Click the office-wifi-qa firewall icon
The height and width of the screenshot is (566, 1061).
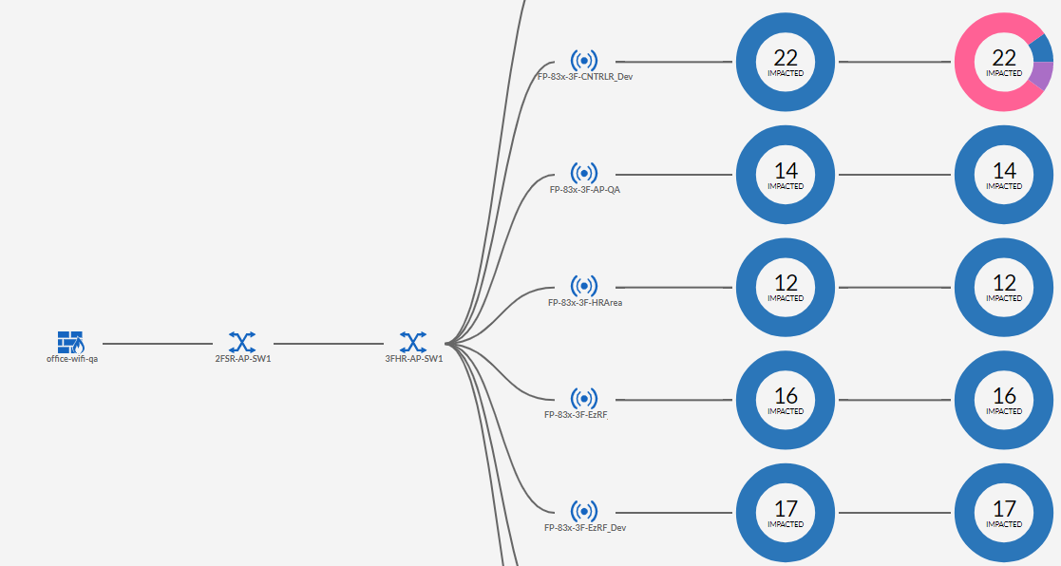[70, 341]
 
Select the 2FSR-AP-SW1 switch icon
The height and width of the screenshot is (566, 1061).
[242, 341]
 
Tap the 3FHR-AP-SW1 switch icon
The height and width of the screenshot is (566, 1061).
[412, 341]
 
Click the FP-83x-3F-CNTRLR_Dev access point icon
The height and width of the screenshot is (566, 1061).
[584, 61]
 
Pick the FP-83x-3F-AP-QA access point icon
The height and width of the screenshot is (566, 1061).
[584, 173]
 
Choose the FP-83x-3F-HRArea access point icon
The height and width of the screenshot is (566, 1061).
[584, 286]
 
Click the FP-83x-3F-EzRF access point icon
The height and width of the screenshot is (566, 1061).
[584, 398]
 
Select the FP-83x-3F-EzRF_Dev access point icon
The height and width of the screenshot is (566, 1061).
[584, 511]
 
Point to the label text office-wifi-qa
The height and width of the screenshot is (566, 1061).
[72, 359]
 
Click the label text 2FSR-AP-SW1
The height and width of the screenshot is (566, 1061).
[243, 359]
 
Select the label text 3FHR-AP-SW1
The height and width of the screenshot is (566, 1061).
[414, 359]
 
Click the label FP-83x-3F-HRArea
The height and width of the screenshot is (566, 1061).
[585, 303]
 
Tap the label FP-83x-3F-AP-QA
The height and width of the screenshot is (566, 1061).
[585, 190]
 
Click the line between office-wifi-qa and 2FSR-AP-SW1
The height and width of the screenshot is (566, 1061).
[157, 343]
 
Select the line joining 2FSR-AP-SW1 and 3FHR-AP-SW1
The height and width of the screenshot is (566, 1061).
[328, 343]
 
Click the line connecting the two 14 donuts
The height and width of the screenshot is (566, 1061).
[895, 175]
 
